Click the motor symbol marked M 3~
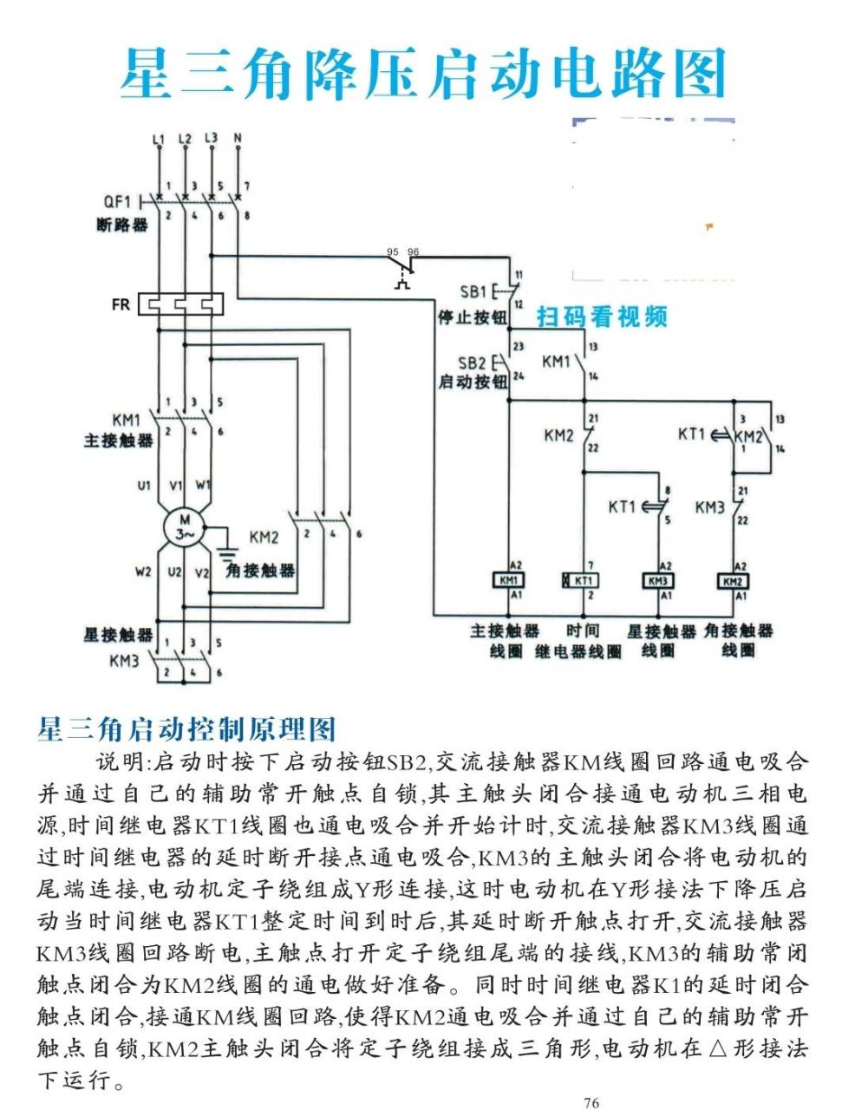183,526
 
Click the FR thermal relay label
121,304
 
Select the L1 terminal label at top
158,139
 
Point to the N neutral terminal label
238,138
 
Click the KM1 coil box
506,579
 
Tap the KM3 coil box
658,579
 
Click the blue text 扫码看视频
603,317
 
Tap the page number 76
591,1102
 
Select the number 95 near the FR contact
393,251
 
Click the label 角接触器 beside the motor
260,570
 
